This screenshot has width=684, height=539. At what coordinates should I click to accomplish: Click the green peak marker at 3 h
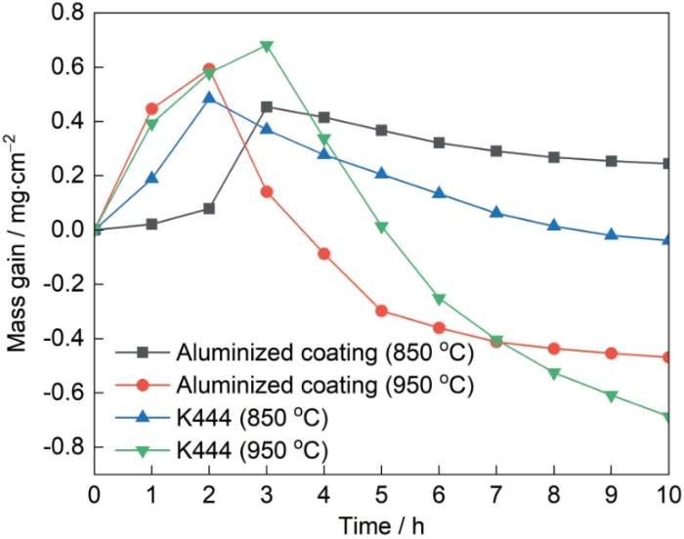click(267, 46)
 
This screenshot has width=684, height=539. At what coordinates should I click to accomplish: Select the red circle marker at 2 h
click(209, 69)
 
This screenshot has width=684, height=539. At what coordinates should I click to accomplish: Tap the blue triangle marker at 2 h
click(209, 98)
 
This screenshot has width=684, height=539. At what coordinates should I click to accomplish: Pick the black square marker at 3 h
click(267, 106)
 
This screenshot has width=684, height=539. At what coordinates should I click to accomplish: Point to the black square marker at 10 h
click(668, 163)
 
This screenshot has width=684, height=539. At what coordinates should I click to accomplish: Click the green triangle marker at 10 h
click(668, 418)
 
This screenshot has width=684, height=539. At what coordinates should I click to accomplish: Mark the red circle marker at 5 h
click(382, 311)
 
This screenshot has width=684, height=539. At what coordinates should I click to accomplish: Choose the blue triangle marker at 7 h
click(496, 212)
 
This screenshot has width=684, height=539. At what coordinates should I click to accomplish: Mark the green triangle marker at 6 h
click(439, 299)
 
